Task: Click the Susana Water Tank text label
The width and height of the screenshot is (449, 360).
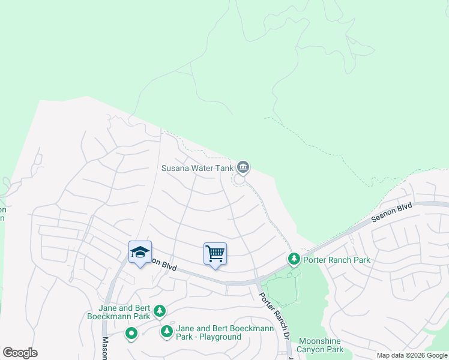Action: pos(197,168)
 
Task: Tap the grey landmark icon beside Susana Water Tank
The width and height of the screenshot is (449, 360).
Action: pos(243,166)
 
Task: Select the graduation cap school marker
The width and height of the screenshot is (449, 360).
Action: pos(140,253)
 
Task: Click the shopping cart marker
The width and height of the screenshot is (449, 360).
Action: pos(215,254)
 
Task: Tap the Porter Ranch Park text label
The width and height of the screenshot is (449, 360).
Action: pos(337,260)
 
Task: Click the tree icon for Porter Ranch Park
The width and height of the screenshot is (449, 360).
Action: pos(294,259)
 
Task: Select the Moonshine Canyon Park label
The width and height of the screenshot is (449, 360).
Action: pos(321,345)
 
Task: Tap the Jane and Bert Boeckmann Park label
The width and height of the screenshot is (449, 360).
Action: pos(118,311)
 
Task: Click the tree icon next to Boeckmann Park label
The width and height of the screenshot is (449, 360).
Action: pos(159,310)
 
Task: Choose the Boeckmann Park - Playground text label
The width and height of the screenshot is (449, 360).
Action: pos(224,332)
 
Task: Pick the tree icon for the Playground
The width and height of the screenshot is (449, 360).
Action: pos(166,331)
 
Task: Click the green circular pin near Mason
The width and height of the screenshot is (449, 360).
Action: pos(131,333)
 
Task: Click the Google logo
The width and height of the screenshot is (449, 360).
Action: pos(20,353)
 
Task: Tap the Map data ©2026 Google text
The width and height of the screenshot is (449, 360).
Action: pos(412,355)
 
